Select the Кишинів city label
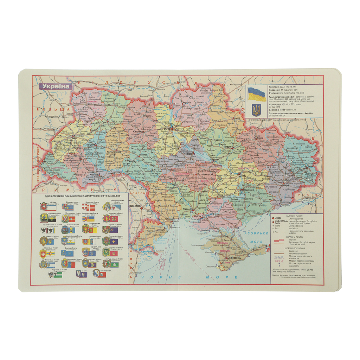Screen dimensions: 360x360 (x=135, y=206)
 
